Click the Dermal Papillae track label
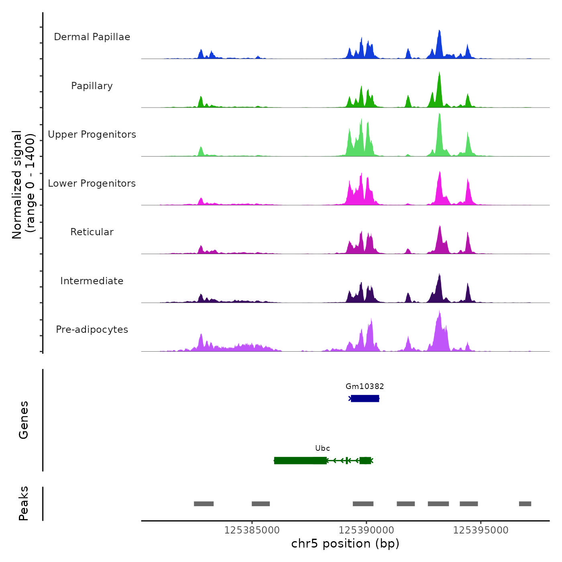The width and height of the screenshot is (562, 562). (92, 37)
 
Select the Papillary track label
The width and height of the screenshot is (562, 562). (92, 86)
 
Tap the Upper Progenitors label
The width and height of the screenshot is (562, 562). (92, 134)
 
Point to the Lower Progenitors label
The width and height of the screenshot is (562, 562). (92, 183)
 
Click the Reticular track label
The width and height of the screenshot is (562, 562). (92, 232)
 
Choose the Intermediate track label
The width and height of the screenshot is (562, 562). (92, 281)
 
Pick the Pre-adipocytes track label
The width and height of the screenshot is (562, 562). (92, 330)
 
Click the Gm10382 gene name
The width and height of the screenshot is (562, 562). (364, 387)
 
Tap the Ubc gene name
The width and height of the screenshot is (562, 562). (322, 448)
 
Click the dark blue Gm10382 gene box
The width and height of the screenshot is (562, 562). (365, 399)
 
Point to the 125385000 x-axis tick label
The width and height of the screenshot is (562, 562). (252, 530)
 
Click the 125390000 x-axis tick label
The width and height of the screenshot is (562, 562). (366, 530)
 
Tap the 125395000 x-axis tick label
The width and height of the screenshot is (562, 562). (481, 530)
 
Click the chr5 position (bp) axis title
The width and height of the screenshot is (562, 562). (345, 544)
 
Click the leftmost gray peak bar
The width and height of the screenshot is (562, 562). (204, 504)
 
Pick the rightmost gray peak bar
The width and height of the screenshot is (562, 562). (525, 504)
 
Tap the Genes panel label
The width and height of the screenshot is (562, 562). (24, 420)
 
